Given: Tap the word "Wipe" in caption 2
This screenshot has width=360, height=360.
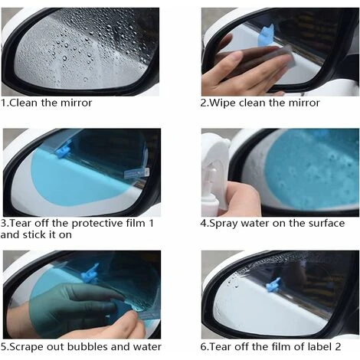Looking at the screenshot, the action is (x=221, y=103).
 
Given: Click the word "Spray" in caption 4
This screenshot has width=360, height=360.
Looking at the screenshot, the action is (x=224, y=224).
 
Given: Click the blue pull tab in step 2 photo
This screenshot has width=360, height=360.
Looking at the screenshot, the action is (x=266, y=35).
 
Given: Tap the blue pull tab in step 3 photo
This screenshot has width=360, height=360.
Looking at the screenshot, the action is (x=63, y=151).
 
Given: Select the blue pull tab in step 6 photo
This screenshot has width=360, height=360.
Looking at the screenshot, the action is (x=273, y=285).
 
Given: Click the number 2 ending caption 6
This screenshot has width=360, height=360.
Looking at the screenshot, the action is (x=338, y=347).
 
